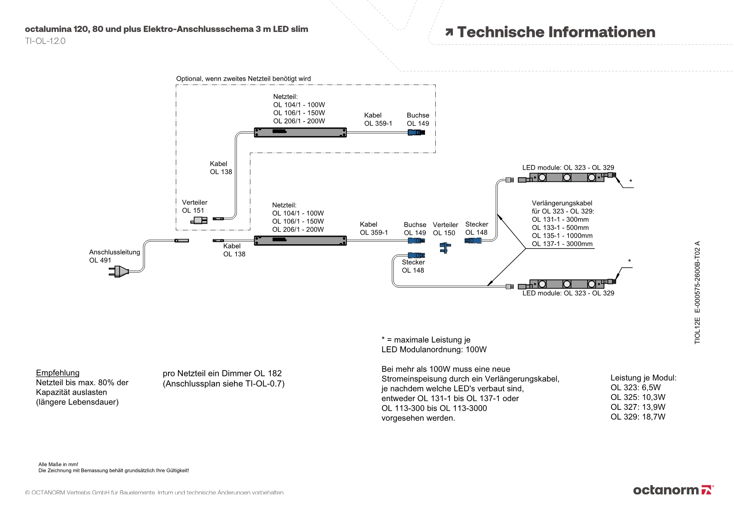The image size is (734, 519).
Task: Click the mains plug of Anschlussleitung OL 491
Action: click(119, 271)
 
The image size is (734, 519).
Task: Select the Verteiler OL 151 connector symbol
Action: click(199, 220)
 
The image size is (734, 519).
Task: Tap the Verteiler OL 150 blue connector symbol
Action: click(445, 248)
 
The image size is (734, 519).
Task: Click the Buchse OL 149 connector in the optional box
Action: click(416, 133)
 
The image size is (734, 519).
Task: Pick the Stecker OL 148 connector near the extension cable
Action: click(473, 241)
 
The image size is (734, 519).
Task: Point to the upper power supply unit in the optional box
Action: click(300, 132)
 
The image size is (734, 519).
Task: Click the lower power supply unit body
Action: click(300, 241)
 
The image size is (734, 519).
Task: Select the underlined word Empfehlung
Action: click(58, 373)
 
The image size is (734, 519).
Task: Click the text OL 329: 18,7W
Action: click(638, 417)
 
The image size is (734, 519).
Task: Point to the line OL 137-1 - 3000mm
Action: click(562, 244)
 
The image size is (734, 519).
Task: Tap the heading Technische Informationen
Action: click(556, 32)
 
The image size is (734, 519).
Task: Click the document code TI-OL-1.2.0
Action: click(45, 41)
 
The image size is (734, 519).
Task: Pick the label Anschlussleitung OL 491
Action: click(115, 256)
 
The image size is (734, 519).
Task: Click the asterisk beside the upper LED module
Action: click(631, 181)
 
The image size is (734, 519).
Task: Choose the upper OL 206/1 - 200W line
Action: click(299, 121)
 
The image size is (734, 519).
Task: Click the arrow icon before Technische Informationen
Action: click(449, 32)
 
